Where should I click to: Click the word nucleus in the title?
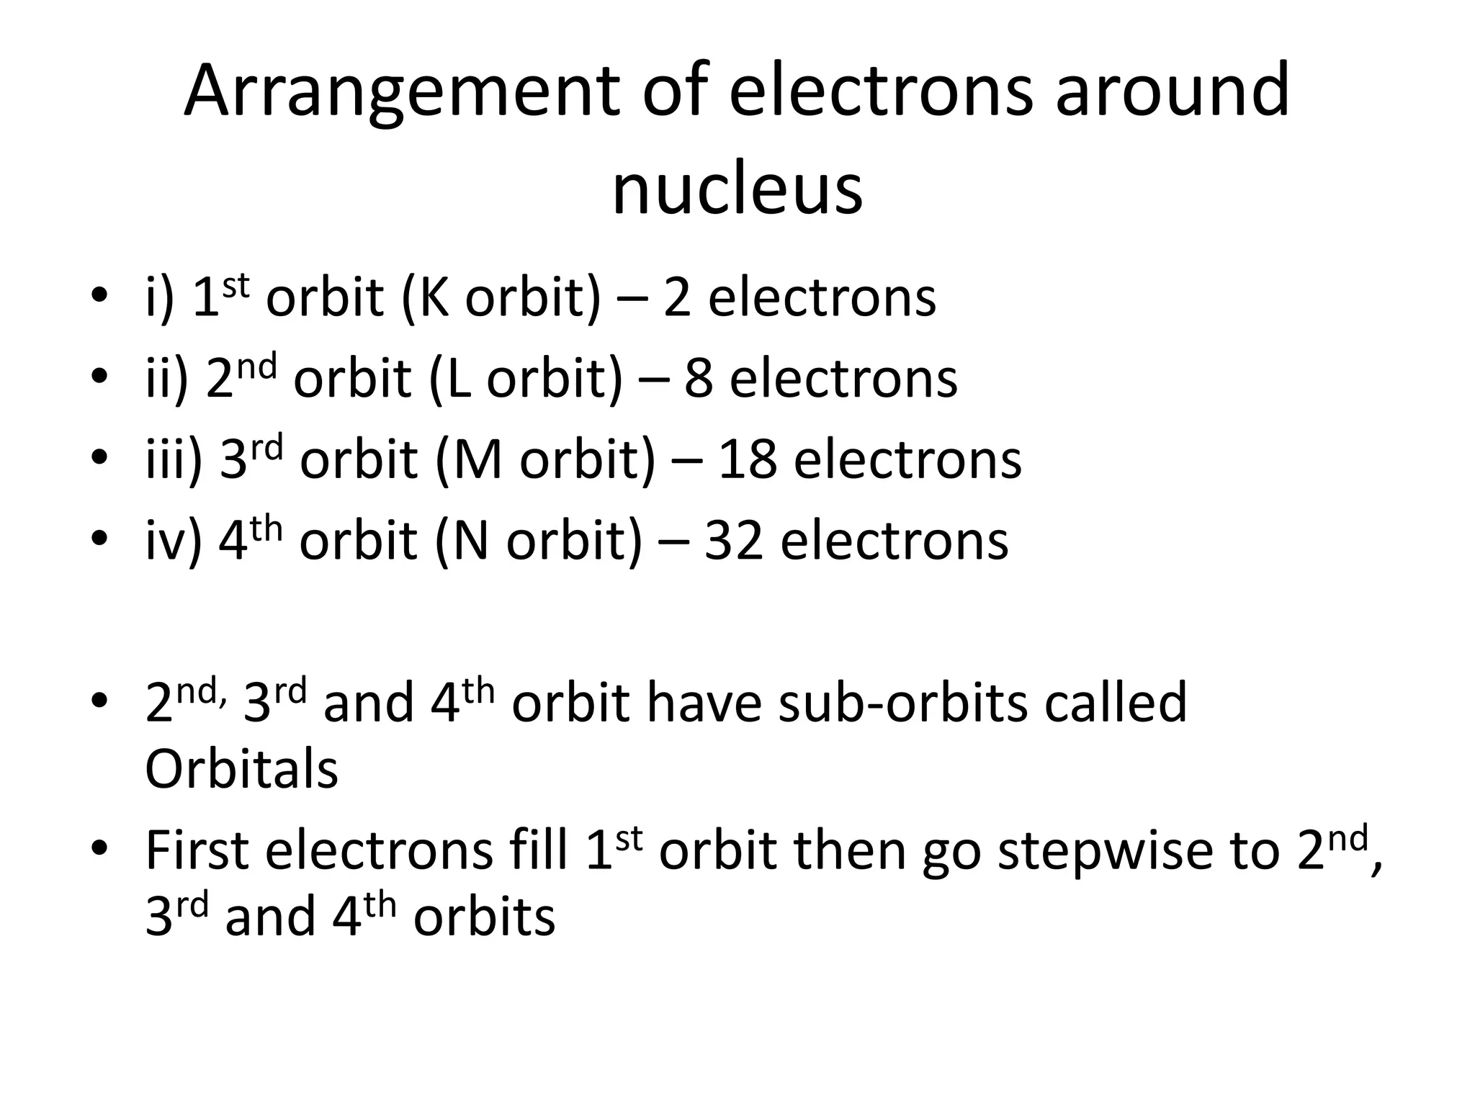click(x=737, y=189)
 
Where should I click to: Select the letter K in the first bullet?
click(x=433, y=297)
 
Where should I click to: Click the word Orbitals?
click(x=241, y=770)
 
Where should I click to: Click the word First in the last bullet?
click(x=197, y=850)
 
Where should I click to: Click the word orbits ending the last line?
click(x=484, y=917)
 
